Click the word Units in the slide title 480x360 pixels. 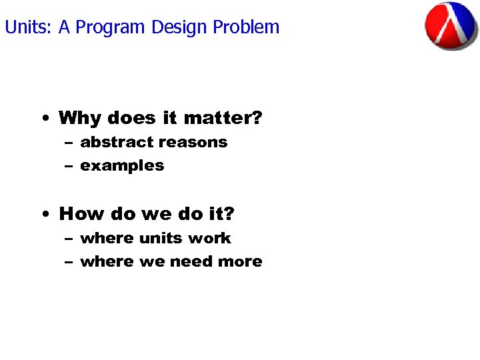tap(27, 27)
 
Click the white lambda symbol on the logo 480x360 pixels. tap(452, 26)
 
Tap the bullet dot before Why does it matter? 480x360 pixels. tap(44, 119)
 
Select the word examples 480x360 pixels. tap(122, 166)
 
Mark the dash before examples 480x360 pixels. tap(69, 166)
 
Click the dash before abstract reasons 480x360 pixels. tap(69, 143)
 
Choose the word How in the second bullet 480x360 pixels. tap(79, 214)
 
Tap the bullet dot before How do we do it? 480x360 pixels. tap(44, 215)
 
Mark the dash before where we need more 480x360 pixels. tap(69, 262)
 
